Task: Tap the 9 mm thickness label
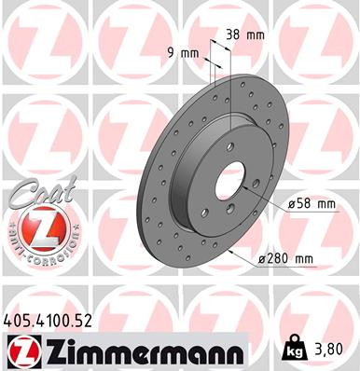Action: tap(189, 54)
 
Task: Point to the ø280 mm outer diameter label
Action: tap(285, 258)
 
